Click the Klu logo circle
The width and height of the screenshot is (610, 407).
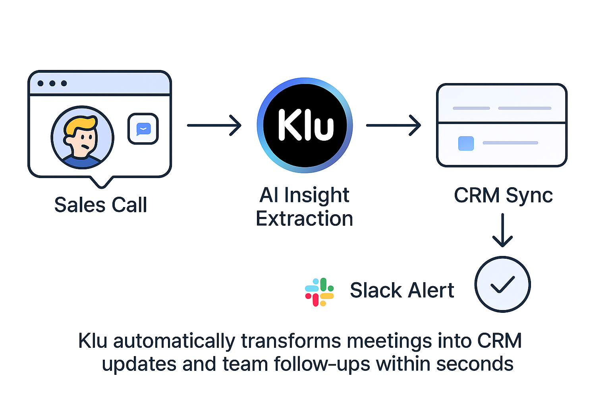305,125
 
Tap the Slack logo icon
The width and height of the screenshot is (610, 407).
319,292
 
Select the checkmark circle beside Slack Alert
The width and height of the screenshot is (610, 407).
502,284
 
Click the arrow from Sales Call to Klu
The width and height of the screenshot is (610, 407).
214,125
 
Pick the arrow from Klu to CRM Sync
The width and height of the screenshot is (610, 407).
393,125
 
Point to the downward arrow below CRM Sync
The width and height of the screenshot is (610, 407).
502,231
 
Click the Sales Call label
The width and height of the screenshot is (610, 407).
100,205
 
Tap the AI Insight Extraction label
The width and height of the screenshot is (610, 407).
304,207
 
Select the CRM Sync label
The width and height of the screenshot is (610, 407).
503,195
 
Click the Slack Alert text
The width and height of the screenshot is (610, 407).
402,290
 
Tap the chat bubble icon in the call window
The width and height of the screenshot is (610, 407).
143,129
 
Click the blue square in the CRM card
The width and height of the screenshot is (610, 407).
466,143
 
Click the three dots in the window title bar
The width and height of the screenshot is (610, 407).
52,83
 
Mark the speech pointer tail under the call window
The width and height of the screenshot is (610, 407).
102,182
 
